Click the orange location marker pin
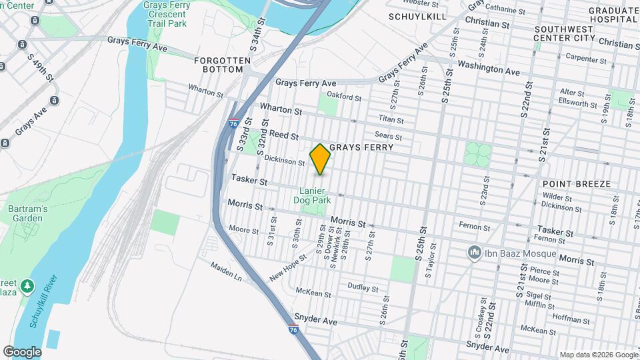coord(320,159)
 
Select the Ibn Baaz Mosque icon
coord(474,253)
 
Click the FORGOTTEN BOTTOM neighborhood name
coord(223,65)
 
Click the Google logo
coord(22,352)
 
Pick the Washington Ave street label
coord(488,67)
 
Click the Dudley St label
coord(363,288)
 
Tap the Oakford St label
coord(345,97)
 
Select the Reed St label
coord(283,135)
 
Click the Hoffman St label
coord(567,318)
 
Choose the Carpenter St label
coord(586,59)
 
